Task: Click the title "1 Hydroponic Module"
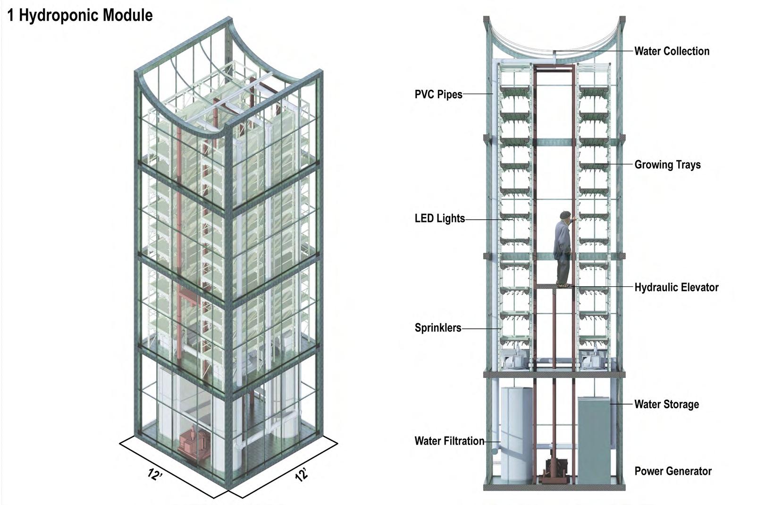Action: [x=80, y=16]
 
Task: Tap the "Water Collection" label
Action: [x=671, y=51]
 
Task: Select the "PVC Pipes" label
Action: [x=438, y=94]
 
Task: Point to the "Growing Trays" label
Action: [x=667, y=165]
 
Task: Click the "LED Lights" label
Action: [x=439, y=219]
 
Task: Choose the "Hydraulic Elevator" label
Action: [x=676, y=287]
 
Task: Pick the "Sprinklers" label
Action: [x=437, y=328]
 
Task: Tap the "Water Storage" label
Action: [x=666, y=404]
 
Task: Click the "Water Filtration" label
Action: [x=449, y=441]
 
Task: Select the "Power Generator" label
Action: [x=673, y=471]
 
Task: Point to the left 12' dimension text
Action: [x=155, y=474]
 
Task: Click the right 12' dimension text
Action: [x=301, y=474]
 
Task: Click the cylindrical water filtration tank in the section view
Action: [x=516, y=435]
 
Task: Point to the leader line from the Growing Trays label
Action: [x=614, y=164]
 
